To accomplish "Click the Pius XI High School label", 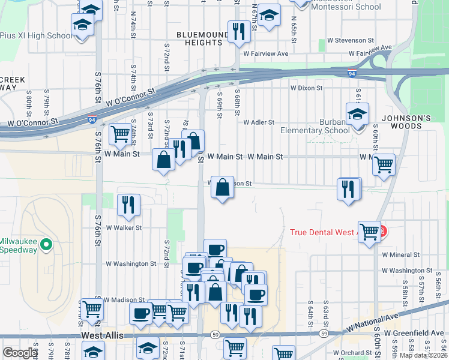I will (36, 35).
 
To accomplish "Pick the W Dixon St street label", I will (307, 88).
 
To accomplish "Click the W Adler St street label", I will (259, 122).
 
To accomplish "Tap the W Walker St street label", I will (124, 227).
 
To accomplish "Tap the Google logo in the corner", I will (20, 353).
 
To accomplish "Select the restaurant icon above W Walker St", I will (129, 205).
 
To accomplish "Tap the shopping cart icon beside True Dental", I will (369, 231).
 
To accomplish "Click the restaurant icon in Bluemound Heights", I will (239, 31).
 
